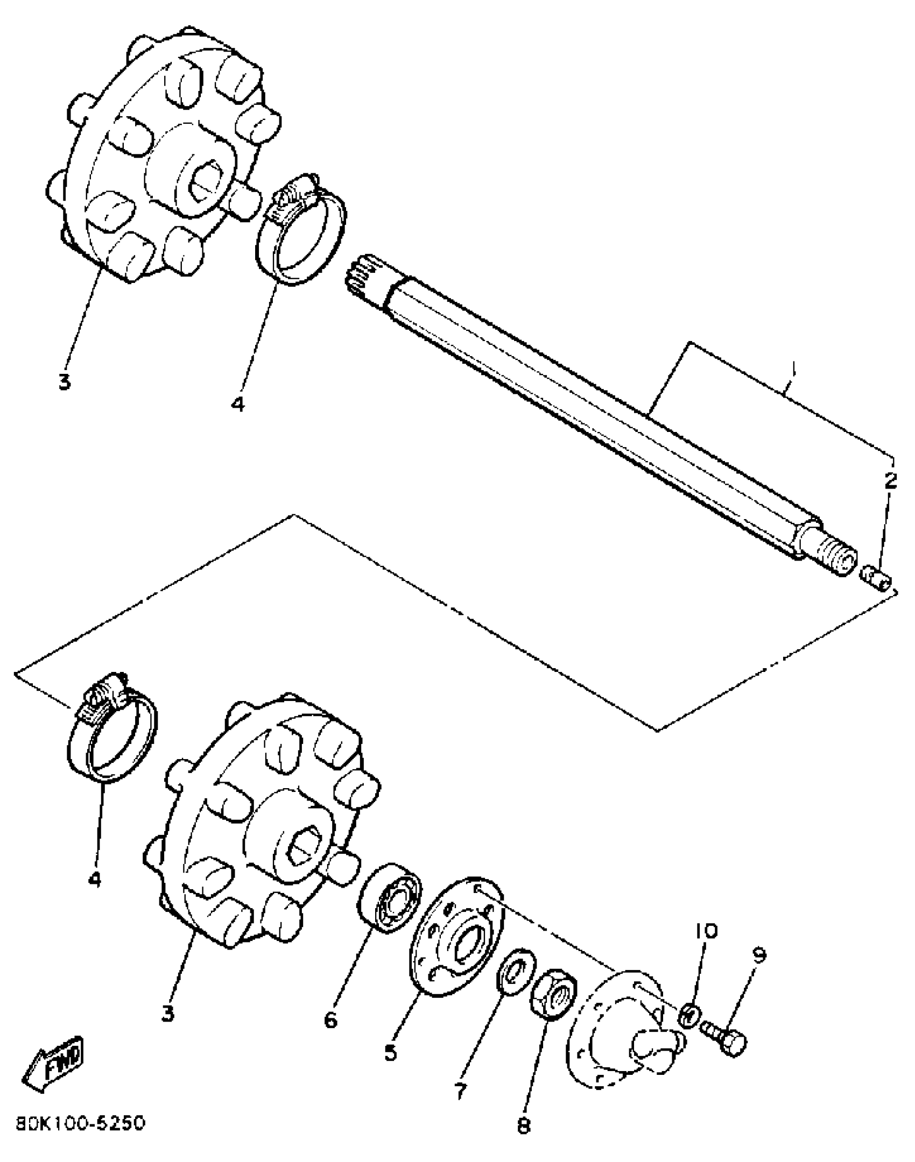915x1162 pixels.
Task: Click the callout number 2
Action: pyautogui.click(x=891, y=480)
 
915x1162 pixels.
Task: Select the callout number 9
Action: pyautogui.click(x=758, y=956)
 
